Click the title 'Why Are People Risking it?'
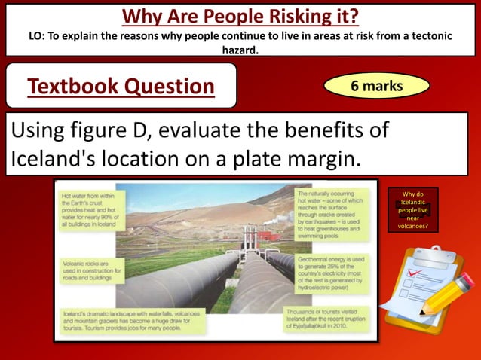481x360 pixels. (240, 15)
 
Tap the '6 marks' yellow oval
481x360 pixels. (377, 87)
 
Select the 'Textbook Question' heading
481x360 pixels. (121, 87)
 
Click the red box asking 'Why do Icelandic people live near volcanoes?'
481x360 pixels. (413, 210)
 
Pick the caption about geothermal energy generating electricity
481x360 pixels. (330, 270)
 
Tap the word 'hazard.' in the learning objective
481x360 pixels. (240, 49)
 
